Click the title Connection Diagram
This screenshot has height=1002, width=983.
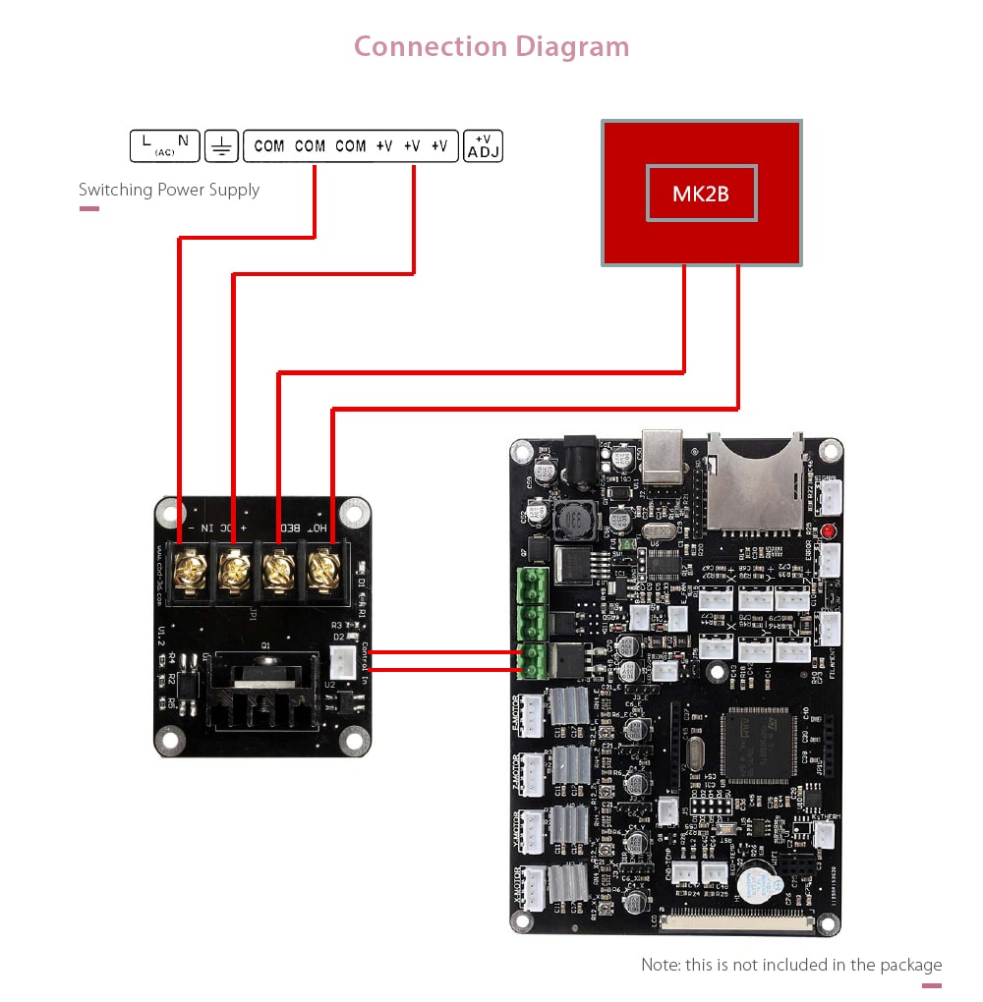(491, 46)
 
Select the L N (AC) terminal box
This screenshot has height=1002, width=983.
(164, 146)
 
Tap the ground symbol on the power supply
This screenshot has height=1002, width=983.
(222, 147)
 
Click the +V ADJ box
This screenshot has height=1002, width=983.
(483, 146)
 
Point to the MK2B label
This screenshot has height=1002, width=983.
(701, 194)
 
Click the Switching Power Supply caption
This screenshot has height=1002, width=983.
(169, 190)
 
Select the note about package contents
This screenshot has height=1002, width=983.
(791, 965)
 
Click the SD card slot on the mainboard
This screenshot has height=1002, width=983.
(754, 481)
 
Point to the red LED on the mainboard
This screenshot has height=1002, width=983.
(828, 531)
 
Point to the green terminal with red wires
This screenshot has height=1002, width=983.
(532, 660)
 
